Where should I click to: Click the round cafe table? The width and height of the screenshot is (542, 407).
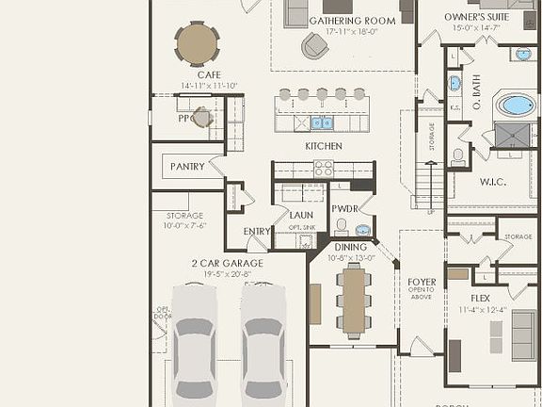point(197,43)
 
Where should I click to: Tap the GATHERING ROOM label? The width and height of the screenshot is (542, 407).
point(340,20)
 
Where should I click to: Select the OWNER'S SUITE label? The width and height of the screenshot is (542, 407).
point(477,17)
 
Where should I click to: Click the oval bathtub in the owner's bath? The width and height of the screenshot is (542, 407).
point(516,105)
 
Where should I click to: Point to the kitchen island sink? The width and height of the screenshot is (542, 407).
point(321,122)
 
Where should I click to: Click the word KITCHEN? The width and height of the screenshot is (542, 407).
point(323,146)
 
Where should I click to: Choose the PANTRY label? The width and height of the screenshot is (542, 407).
point(187,167)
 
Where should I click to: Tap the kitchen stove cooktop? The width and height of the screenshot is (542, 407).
point(323,169)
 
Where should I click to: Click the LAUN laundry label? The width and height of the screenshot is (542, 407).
point(301,215)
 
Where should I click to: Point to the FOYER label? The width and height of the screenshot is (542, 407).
point(422,281)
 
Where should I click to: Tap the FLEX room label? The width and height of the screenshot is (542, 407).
point(480,299)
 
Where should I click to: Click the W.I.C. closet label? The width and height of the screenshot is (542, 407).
point(493,182)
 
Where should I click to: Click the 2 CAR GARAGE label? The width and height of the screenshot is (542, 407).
point(228,263)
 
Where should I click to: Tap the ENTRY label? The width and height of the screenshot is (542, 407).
point(257,232)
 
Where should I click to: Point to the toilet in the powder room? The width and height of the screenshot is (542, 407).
point(342,227)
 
